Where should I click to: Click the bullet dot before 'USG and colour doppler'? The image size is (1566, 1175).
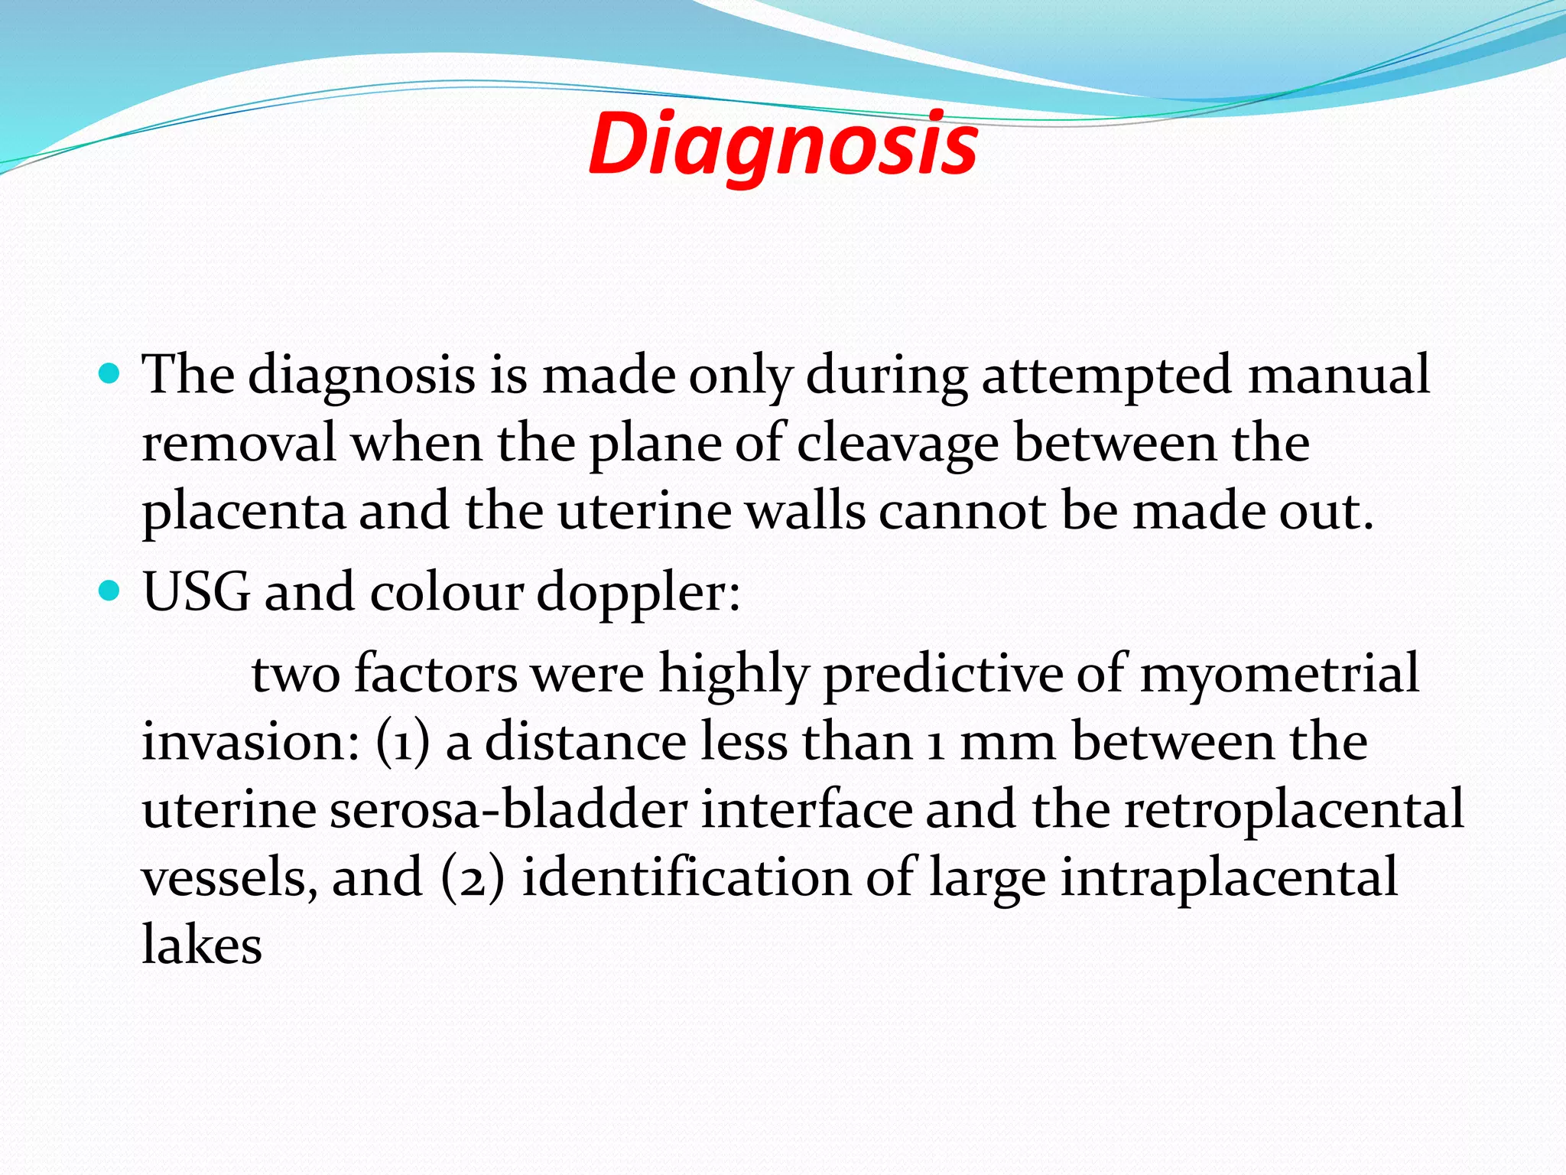coord(111,591)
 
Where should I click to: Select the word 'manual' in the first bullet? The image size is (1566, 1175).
coord(1338,375)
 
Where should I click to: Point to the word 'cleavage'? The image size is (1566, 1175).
coord(897,444)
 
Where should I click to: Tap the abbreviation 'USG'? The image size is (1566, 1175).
coord(197,592)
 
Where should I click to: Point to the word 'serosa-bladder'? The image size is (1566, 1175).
coord(508,809)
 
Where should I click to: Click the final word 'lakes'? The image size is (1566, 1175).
coord(202,944)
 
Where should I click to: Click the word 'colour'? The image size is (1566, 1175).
coord(446,592)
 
